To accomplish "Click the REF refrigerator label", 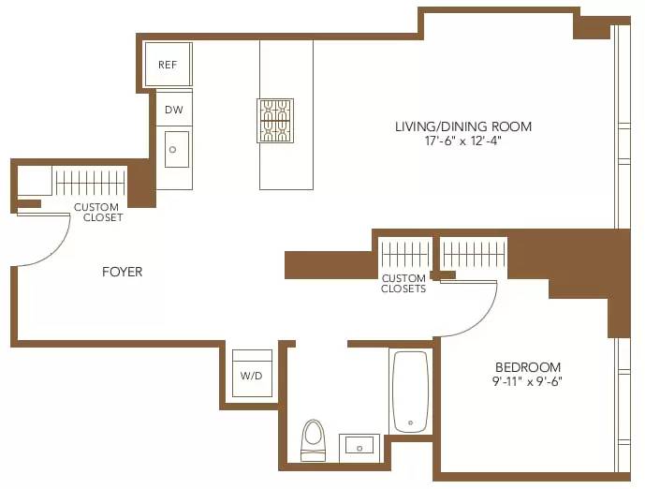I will coord(168,65).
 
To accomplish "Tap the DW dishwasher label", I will coord(173,110).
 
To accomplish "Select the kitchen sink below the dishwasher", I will coord(177,149).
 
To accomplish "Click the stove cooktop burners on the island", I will coord(275,121).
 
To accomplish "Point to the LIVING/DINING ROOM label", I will coord(462,126).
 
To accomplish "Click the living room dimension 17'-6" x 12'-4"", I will coord(462,141).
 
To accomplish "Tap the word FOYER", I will coord(123,272).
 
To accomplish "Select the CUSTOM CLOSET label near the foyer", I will coord(97,212).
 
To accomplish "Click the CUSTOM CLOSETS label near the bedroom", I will coord(403,284).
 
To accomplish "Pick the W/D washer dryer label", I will coord(251,377).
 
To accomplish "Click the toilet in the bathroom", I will coord(313,437).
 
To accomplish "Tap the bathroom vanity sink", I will coord(359,446).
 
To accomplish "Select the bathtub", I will coord(410,392).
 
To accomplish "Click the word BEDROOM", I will coord(528,367).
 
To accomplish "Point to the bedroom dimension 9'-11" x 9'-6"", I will coord(528,381).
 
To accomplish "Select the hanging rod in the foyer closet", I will coord(90,181).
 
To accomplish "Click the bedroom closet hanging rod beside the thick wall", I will coord(474,253).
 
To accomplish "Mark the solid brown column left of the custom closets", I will coord(330,264).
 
